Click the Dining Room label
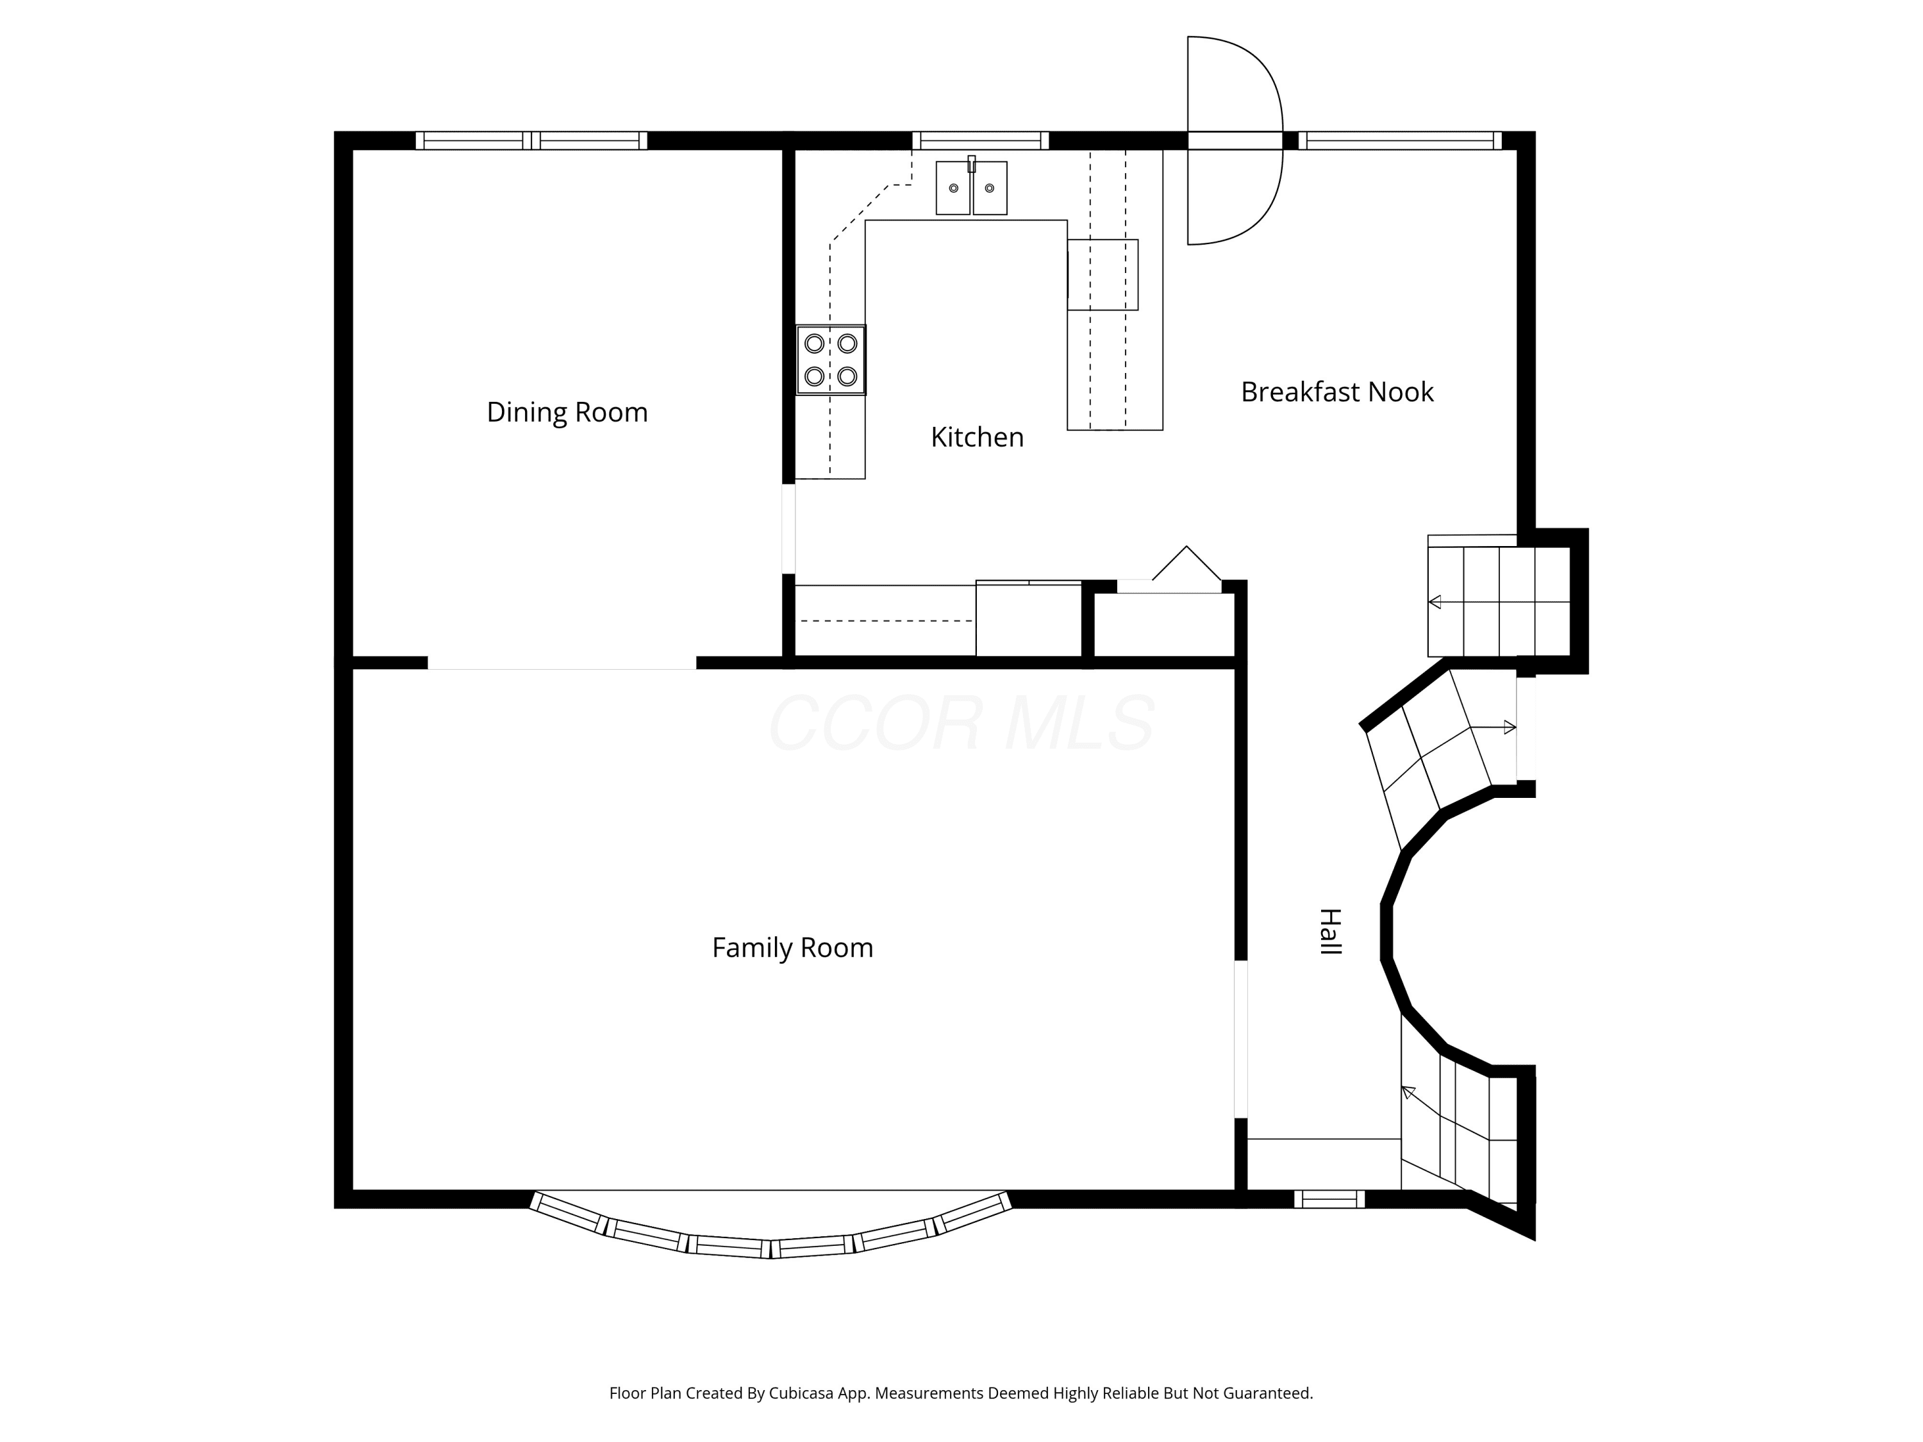(567, 412)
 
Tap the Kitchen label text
(977, 436)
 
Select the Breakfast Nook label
(1336, 392)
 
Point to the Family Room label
(792, 947)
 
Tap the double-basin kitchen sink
(971, 186)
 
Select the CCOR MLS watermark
(961, 722)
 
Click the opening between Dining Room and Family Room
(562, 663)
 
